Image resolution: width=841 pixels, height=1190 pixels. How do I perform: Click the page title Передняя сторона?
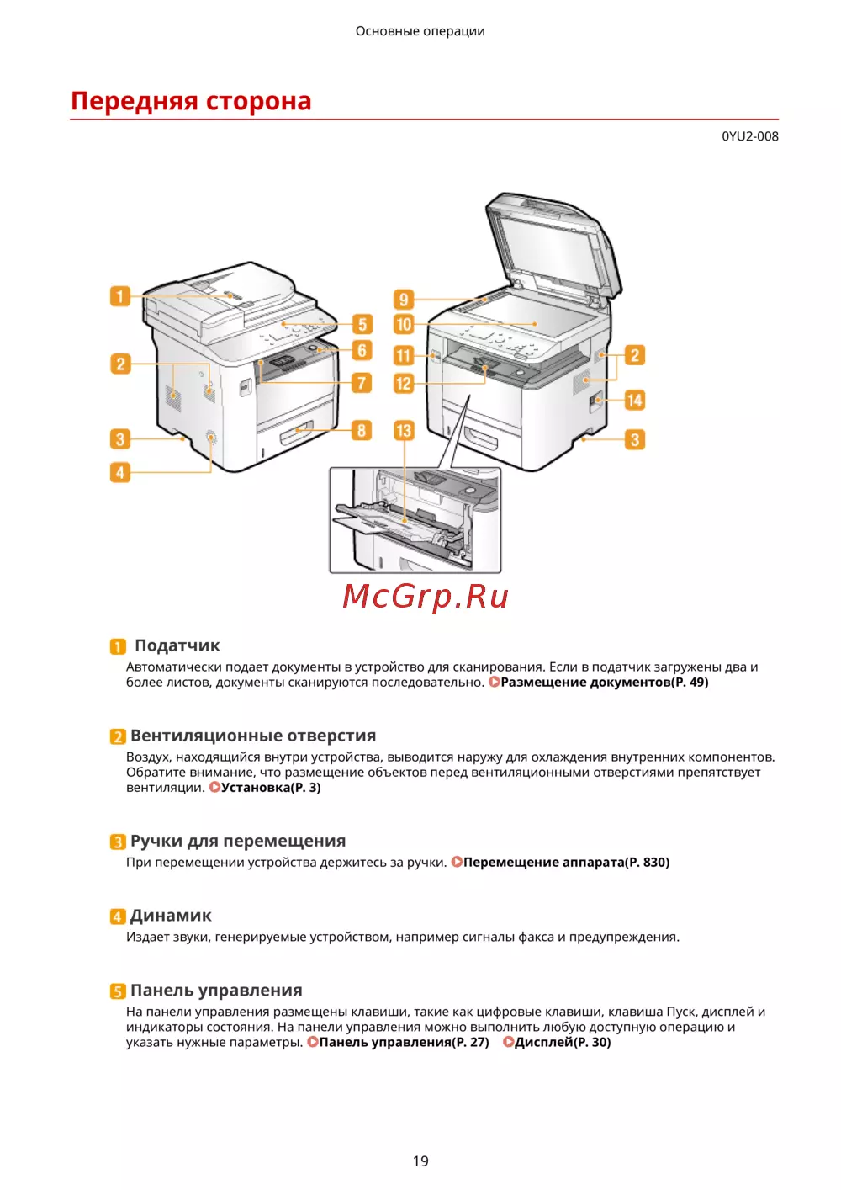pyautogui.click(x=191, y=101)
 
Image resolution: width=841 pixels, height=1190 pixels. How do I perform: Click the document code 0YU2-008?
pyautogui.click(x=749, y=136)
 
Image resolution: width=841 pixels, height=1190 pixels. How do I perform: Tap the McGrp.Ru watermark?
pyautogui.click(x=426, y=596)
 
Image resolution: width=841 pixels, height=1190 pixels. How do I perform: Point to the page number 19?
pyautogui.click(x=420, y=1161)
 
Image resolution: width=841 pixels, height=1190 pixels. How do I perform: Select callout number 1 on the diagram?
pyautogui.click(x=120, y=296)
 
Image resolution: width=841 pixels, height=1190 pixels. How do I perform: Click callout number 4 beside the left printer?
pyautogui.click(x=120, y=472)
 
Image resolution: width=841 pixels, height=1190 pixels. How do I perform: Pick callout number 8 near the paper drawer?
pyautogui.click(x=361, y=430)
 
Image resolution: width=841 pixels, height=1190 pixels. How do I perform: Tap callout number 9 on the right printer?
pyautogui.click(x=404, y=299)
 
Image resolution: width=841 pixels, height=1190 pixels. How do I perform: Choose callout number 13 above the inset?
pyautogui.click(x=404, y=430)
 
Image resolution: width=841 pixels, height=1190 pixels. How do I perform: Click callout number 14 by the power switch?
pyautogui.click(x=634, y=400)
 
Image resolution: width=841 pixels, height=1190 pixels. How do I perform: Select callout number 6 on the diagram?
pyautogui.click(x=361, y=350)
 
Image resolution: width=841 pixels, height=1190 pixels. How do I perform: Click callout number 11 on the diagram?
pyautogui.click(x=404, y=355)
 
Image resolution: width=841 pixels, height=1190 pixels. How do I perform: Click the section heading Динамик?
pyautogui.click(x=171, y=916)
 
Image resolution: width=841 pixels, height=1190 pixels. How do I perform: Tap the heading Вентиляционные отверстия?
pyautogui.click(x=253, y=736)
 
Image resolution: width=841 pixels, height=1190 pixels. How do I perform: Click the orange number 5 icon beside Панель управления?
pyautogui.click(x=118, y=991)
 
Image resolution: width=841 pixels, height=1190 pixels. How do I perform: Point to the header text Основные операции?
pyautogui.click(x=420, y=31)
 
